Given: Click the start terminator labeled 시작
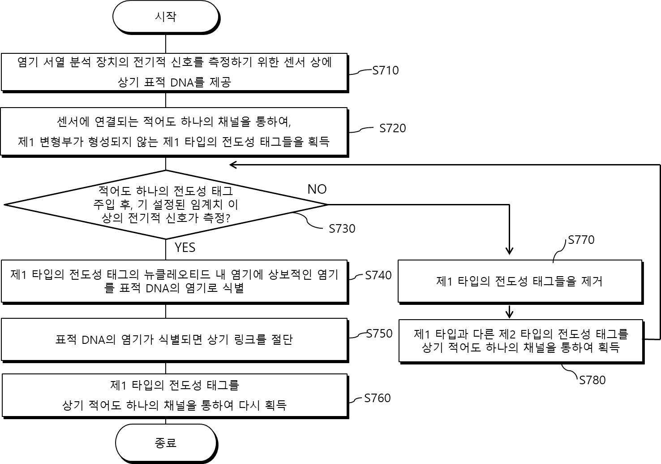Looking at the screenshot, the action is (x=166, y=17).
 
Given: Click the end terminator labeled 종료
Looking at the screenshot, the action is (x=166, y=443).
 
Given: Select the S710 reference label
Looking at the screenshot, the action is (x=386, y=70).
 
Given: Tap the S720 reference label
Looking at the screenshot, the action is (x=392, y=128).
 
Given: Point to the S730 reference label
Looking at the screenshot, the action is (x=342, y=229).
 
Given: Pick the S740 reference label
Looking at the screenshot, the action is (x=378, y=275).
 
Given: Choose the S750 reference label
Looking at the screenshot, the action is (x=379, y=334).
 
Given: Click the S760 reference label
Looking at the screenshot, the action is (x=378, y=398).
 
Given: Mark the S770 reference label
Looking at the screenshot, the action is (x=581, y=240).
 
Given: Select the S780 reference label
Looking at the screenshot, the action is (x=592, y=380).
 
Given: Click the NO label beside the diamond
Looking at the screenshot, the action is (x=317, y=189).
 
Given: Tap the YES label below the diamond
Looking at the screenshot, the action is (x=185, y=247).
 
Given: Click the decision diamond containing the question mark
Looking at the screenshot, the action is (x=166, y=204).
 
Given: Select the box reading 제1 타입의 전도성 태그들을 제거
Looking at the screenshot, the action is (x=520, y=282).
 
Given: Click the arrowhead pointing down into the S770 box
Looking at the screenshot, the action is (x=509, y=251).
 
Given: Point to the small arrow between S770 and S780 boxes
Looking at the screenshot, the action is (x=509, y=312).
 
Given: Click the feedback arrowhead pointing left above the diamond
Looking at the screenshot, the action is (x=233, y=165).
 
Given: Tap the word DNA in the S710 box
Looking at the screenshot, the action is (x=182, y=82).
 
